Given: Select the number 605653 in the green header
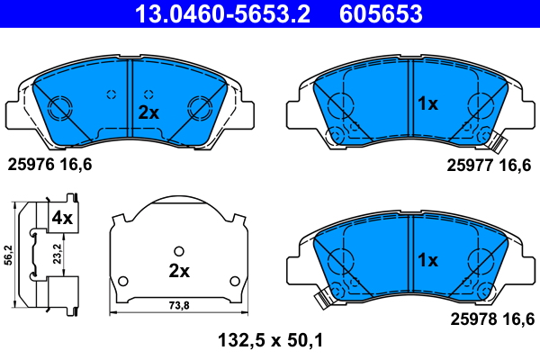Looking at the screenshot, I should point(379,14).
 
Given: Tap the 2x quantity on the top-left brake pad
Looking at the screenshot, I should point(148,112).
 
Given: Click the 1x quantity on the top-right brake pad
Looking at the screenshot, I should point(427,104).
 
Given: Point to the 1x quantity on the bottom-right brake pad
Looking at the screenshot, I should point(427,260).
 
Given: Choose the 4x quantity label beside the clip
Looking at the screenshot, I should point(61,218).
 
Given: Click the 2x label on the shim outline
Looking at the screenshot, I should point(178,271).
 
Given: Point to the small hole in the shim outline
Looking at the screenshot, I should point(178,251).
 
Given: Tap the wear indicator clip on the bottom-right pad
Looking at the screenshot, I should point(321,297).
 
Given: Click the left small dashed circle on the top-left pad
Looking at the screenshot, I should point(111,94).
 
